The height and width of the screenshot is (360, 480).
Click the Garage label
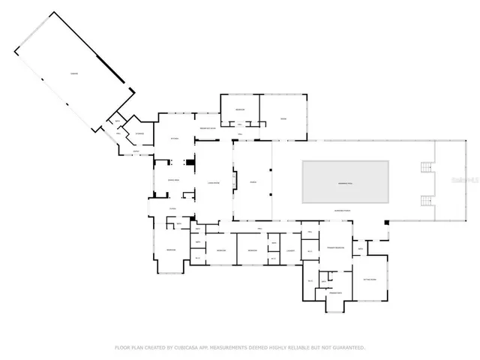click(x=73, y=73)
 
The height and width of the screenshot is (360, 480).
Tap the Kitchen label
click(x=174, y=139)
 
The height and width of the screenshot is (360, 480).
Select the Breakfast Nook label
click(x=208, y=128)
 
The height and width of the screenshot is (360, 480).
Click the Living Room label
click(x=214, y=182)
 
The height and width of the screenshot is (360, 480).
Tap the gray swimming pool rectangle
click(x=346, y=181)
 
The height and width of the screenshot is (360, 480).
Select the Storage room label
click(x=139, y=135)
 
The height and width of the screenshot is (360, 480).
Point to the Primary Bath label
click(x=334, y=293)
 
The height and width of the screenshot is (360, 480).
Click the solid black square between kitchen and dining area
click(x=190, y=161)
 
